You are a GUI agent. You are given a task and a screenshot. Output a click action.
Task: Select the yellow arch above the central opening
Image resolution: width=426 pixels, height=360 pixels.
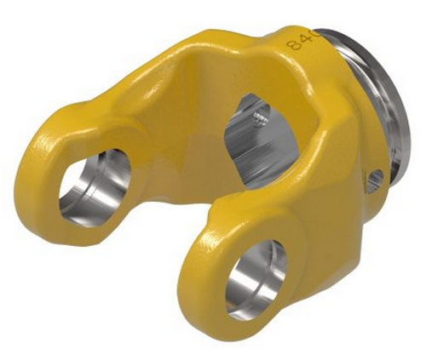tap(217, 60)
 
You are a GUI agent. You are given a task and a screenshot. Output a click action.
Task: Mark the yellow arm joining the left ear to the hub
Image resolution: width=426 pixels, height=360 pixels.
tap(128, 102)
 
